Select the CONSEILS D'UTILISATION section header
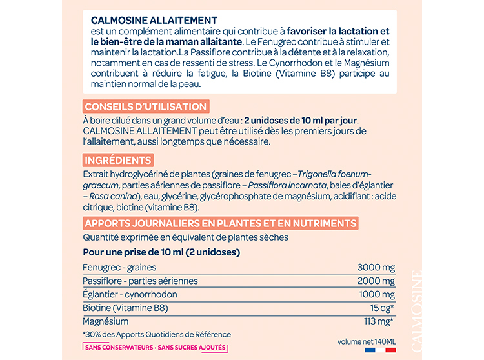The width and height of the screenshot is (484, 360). (145, 107)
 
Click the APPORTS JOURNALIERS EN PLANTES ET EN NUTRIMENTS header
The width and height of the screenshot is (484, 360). (220, 223)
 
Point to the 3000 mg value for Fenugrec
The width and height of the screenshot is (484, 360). (376, 267)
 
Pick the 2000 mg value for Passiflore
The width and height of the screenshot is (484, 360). (376, 281)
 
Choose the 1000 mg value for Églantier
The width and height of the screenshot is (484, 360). (376, 294)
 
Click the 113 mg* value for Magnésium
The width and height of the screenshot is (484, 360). (378, 321)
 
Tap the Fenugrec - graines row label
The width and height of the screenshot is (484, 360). (119, 267)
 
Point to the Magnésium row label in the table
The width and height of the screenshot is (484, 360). (106, 321)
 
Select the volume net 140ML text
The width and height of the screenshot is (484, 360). (366, 340)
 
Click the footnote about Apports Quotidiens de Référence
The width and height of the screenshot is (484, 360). (157, 334)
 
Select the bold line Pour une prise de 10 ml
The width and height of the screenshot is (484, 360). (161, 252)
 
